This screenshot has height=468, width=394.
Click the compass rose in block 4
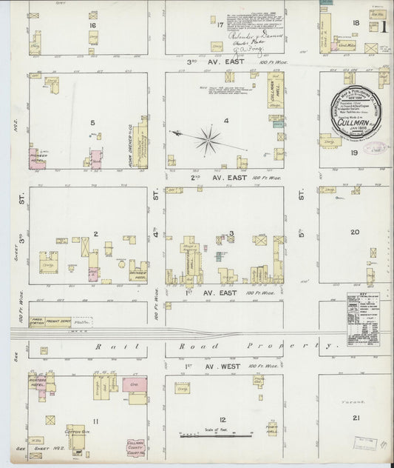coord(208,137)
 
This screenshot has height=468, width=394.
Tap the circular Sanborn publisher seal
coord(356,113)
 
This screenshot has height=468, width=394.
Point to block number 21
coord(357,420)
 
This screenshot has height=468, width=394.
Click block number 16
coord(92,25)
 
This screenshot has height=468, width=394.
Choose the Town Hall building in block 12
coord(273,429)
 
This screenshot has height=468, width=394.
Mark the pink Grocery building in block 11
coord(135,388)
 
